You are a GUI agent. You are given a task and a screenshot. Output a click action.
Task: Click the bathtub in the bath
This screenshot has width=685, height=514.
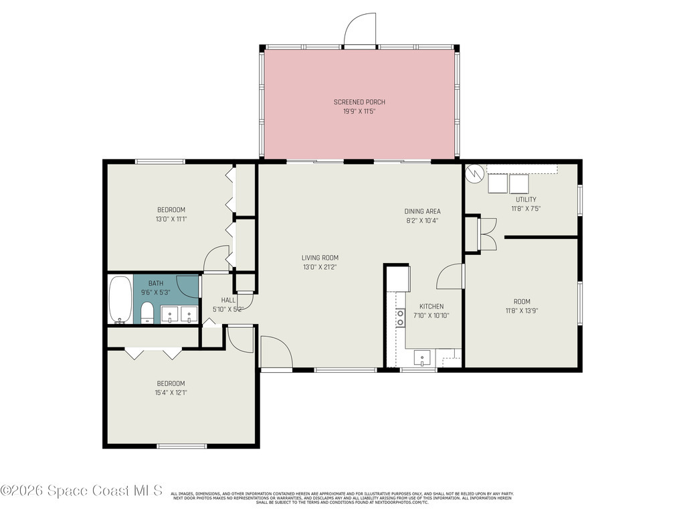(120, 299)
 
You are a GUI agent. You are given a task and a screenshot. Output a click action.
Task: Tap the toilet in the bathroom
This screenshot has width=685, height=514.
(147, 313)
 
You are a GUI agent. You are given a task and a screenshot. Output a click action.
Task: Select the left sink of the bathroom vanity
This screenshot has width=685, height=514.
(171, 314)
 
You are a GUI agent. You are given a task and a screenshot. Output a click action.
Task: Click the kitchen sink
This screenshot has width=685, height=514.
(423, 359)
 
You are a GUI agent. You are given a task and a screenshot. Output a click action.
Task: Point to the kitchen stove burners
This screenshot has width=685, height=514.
(400, 317)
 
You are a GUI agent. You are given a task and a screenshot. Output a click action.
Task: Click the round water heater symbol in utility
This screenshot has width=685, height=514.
(474, 173)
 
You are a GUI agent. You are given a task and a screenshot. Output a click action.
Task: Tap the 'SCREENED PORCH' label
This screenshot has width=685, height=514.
(359, 102)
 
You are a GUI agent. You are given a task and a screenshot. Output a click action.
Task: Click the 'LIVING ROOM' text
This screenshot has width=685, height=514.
(320, 258)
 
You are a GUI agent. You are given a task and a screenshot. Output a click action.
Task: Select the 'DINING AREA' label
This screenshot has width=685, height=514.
(422, 211)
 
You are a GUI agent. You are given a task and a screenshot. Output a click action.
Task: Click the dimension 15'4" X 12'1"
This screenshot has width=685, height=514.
(171, 393)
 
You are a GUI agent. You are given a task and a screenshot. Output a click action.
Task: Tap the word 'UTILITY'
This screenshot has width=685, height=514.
(525, 199)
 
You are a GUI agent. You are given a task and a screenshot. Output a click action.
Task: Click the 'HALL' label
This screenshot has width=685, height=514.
(228, 301)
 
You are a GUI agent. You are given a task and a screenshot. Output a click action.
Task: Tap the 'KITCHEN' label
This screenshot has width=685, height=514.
(431, 307)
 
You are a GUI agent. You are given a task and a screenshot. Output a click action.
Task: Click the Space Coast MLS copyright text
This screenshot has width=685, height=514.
(81, 491)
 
